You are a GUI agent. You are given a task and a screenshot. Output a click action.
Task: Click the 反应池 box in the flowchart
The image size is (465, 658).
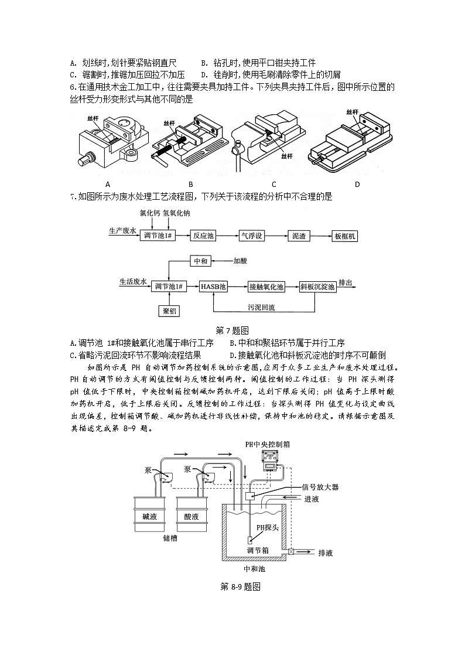click(x=204, y=236)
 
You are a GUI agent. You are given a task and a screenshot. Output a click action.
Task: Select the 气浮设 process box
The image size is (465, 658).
click(x=252, y=236)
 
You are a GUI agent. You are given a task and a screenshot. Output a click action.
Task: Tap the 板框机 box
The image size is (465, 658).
click(x=346, y=236)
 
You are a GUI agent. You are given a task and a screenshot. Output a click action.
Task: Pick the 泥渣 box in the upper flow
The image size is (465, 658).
click(x=299, y=236)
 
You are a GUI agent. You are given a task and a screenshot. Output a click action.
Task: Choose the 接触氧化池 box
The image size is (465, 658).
click(x=266, y=287)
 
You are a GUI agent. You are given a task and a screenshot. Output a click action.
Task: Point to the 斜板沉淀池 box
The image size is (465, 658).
click(x=317, y=287)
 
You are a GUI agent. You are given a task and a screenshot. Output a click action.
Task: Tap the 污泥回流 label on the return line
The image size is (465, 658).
click(x=261, y=306)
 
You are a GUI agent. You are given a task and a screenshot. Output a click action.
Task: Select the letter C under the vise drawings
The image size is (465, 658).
click(x=274, y=184)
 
